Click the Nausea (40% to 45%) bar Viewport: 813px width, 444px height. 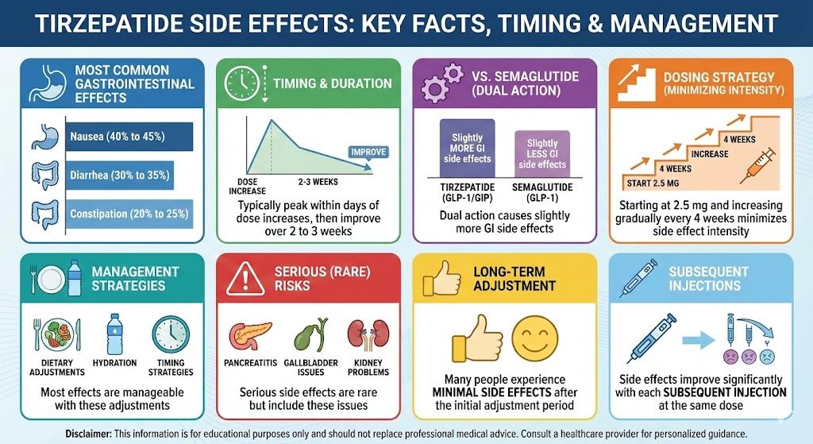127,137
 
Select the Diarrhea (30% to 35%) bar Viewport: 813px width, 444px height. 119,175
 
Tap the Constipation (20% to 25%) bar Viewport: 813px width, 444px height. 127,214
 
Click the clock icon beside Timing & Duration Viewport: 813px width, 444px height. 243,82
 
